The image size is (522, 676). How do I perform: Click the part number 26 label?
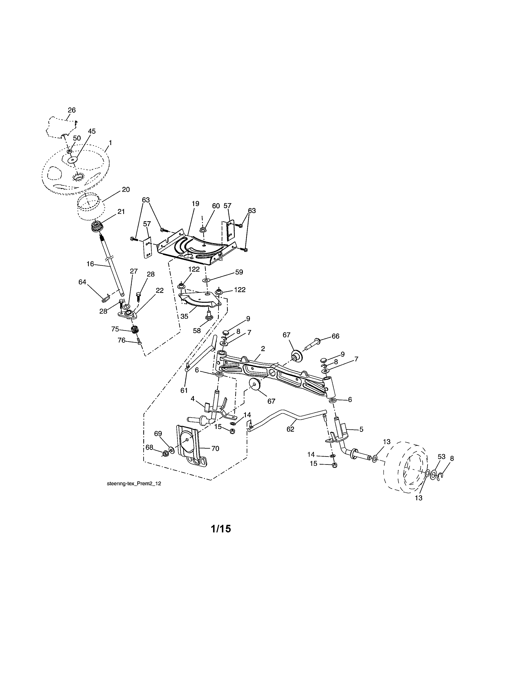[71, 110]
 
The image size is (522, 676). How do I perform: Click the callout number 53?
[441, 457]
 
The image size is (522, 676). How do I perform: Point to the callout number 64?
[82, 282]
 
